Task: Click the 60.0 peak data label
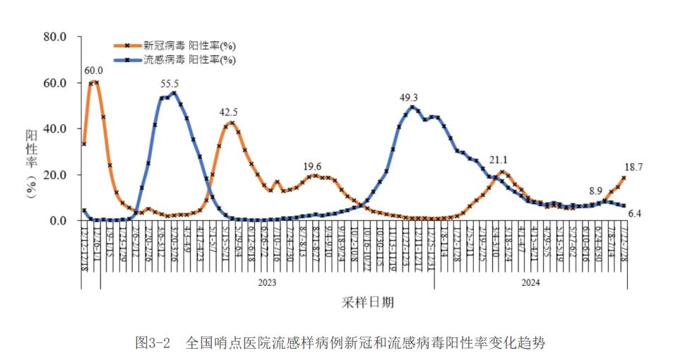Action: [x=93, y=71]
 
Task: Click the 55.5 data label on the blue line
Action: [x=169, y=84]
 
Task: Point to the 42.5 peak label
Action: [x=228, y=112]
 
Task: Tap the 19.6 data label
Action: [x=312, y=167]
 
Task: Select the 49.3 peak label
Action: [x=409, y=98]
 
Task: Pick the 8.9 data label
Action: [x=595, y=191]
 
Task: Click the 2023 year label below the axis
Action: [x=266, y=282]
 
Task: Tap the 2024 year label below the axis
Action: [x=530, y=282]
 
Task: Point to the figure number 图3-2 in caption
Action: [x=153, y=344]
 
